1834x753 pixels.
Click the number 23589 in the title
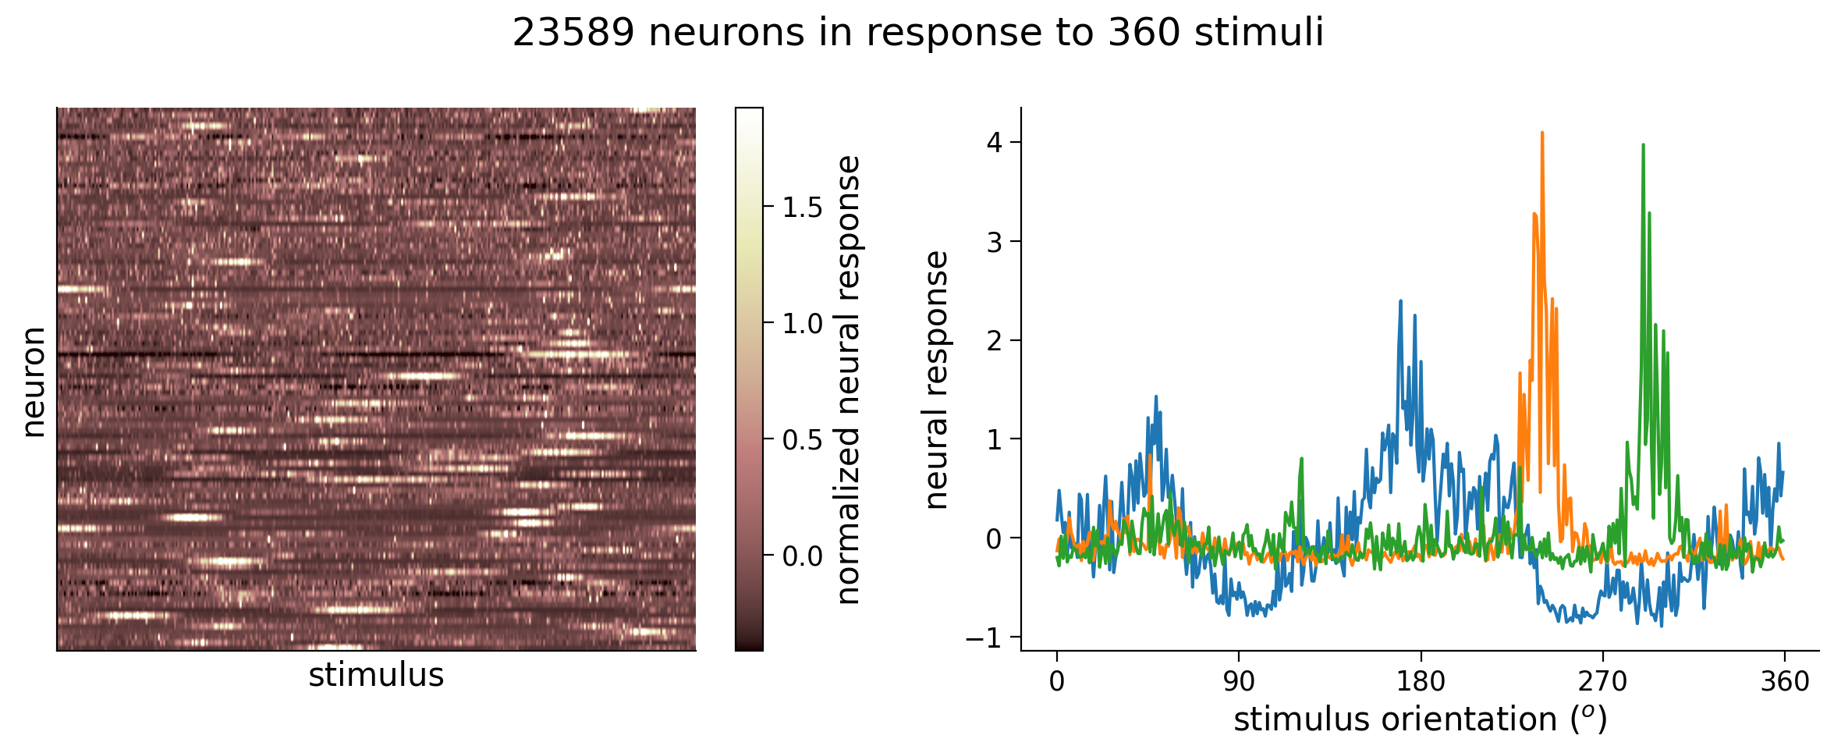[573, 34]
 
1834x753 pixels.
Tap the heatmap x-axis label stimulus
[376, 675]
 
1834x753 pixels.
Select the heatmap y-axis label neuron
[33, 382]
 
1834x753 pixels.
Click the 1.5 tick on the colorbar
[803, 208]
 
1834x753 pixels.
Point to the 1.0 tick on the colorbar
[803, 324]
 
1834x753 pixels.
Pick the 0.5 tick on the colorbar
[803, 440]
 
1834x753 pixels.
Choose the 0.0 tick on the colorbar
[803, 556]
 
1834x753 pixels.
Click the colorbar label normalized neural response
[849, 380]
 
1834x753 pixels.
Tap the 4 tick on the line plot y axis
[994, 143]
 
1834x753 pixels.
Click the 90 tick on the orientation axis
[1239, 682]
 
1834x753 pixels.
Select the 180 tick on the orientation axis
[1421, 682]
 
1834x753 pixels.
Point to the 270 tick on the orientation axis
[1602, 682]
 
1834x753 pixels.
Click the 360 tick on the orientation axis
[1784, 682]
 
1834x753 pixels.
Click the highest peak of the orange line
[1542, 133]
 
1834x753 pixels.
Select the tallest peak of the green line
[1643, 145]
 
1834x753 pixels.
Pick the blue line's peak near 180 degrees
[1400, 301]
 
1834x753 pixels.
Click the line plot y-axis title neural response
[936, 380]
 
